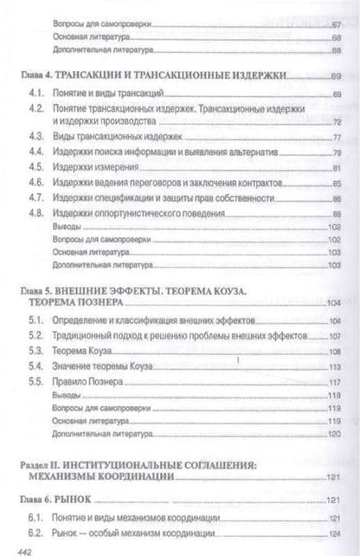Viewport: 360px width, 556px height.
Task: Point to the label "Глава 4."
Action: tap(35, 76)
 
